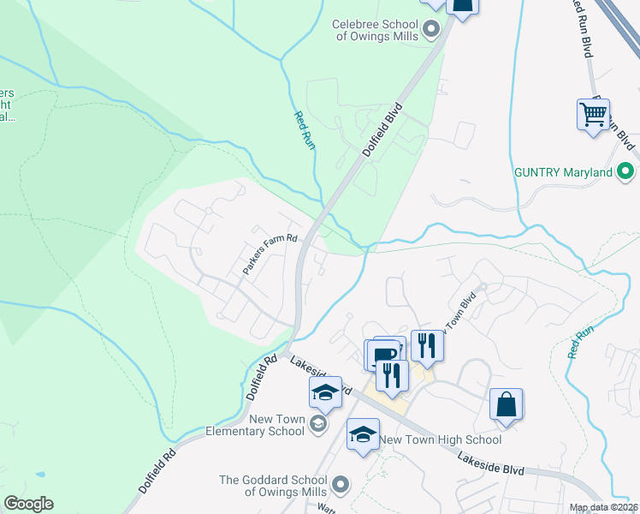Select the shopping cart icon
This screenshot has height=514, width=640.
[593, 113]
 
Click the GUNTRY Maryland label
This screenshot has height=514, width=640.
[563, 172]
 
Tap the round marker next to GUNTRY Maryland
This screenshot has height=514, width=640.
[625, 172]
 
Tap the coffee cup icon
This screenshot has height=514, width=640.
[384, 354]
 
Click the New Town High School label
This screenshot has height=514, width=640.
[441, 439]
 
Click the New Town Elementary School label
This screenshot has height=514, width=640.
[276, 425]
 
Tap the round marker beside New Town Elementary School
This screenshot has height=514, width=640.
[317, 424]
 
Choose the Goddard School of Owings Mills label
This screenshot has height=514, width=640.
[274, 486]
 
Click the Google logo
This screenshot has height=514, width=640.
[28, 504]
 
